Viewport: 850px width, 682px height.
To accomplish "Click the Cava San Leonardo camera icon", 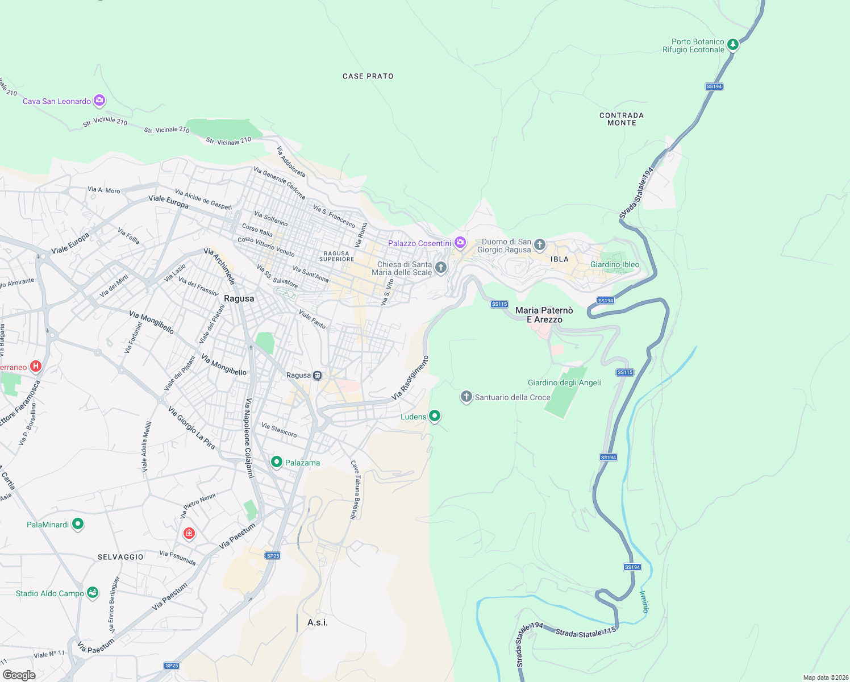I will [99, 101].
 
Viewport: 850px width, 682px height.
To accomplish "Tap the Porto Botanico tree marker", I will [733, 44].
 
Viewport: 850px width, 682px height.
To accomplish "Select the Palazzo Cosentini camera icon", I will [460, 243].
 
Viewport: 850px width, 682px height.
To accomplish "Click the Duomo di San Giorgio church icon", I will [540, 245].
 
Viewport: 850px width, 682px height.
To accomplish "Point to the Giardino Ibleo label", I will [614, 264].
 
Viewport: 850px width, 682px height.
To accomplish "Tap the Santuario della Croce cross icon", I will [466, 396].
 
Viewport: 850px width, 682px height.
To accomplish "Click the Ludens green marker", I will [435, 416].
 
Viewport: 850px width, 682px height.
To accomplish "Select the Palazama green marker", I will [277, 462].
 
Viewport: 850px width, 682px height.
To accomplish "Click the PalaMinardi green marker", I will [78, 524].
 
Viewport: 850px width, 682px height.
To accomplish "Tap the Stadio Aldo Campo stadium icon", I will [93, 593].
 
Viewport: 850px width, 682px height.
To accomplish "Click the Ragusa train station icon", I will [318, 375].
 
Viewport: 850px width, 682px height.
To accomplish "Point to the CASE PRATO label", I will [368, 76].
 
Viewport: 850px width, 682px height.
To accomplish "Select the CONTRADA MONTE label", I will [622, 119].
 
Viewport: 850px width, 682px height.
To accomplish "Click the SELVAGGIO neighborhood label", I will [120, 557].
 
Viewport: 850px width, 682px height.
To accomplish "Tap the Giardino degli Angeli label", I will [564, 382].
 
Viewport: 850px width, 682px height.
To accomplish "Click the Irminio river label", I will [644, 602].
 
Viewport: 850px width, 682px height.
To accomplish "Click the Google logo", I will [19, 675].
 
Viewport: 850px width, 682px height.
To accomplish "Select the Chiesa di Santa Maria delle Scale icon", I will [440, 267].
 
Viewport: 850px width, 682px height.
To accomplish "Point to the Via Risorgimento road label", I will [410, 378].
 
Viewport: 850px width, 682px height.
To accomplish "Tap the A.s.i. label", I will [318, 622].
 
